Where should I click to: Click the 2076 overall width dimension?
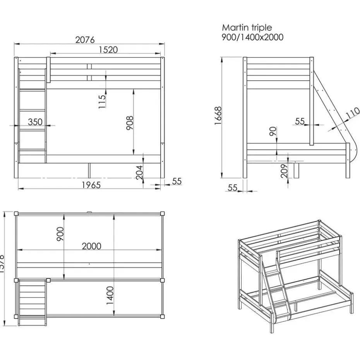tap(85, 40)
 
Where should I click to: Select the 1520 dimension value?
tap(108, 50)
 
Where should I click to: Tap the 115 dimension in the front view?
tap(102, 101)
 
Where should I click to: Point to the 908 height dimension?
tap(130, 123)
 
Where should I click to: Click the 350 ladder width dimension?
tap(35, 122)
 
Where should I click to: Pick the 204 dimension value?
tap(140, 172)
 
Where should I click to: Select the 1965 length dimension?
tap(91, 185)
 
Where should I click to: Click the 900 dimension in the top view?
tap(60, 234)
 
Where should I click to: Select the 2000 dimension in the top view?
tap(91, 246)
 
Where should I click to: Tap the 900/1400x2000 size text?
tap(252, 38)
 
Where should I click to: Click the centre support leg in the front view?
tap(89, 169)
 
